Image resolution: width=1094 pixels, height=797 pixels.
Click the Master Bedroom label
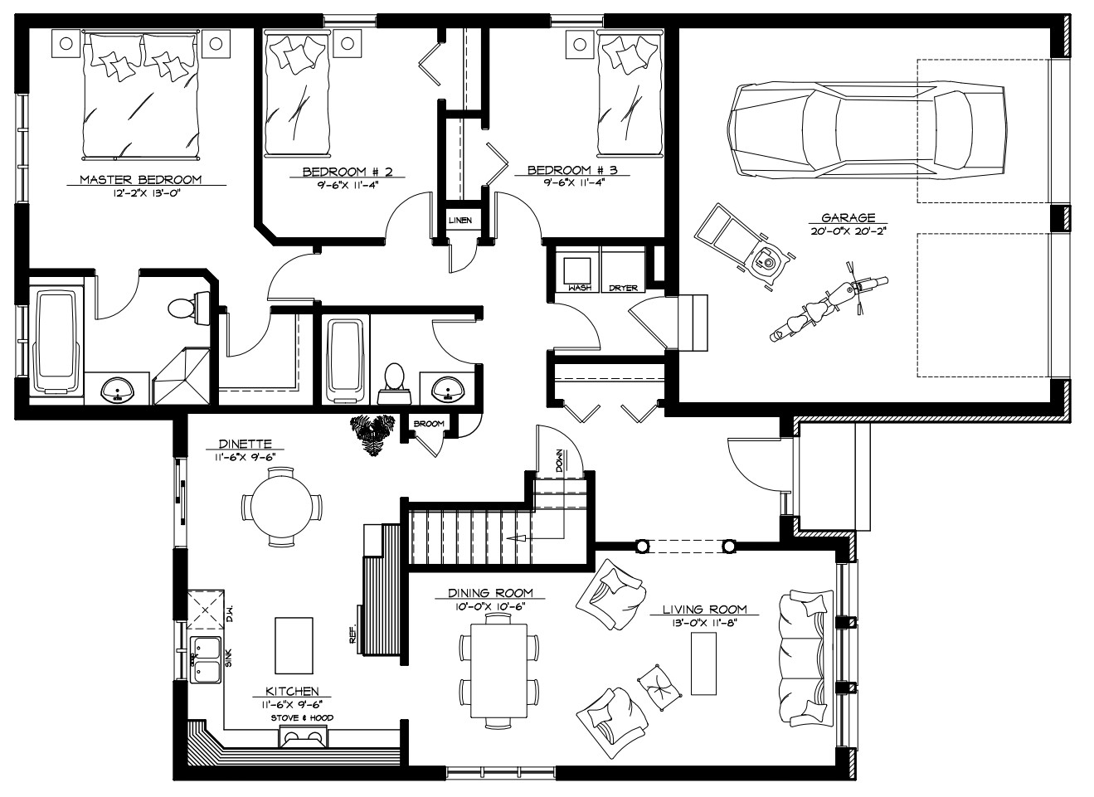point(141,179)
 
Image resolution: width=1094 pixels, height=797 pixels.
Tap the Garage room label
point(848,218)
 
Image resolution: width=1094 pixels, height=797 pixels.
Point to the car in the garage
point(867,129)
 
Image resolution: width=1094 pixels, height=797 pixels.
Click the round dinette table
point(282,507)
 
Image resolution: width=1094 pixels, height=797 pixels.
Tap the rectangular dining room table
point(498,670)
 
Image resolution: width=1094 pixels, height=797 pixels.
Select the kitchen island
point(294,645)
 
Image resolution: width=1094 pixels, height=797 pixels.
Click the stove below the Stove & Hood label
point(303,736)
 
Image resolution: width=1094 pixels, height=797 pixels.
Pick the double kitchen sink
point(205,660)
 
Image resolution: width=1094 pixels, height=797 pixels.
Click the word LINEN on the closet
point(460,221)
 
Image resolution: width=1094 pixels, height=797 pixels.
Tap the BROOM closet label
point(429,424)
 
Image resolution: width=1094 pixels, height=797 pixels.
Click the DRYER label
point(623,288)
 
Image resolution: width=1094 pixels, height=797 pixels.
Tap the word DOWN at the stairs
point(559,460)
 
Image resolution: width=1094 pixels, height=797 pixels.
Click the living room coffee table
point(703,663)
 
